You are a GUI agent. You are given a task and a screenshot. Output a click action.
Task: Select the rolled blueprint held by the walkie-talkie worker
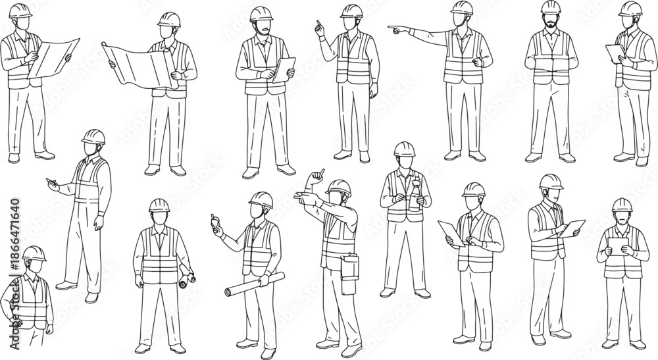[x=255, y=284]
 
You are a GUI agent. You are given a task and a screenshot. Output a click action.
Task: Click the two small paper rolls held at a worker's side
[x=187, y=275]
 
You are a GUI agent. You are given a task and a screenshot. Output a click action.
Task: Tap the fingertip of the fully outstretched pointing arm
[x=389, y=28]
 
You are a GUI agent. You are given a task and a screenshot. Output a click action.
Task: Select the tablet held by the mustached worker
[x=284, y=70]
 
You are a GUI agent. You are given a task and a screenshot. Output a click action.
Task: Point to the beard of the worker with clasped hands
[x=549, y=22]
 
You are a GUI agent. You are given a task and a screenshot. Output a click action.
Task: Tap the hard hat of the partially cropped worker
[x=34, y=253]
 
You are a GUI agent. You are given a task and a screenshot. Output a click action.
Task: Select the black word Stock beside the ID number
[x=14, y=296]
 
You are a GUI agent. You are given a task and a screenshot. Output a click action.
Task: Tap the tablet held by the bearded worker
[x=618, y=245]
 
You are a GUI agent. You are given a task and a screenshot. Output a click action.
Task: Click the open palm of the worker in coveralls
[x=53, y=184]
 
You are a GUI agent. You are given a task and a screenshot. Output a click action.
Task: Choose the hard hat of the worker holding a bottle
[x=405, y=149]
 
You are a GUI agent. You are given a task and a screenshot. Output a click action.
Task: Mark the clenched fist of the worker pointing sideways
[x=477, y=63]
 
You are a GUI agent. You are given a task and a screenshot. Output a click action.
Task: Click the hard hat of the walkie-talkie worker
[x=261, y=199]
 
